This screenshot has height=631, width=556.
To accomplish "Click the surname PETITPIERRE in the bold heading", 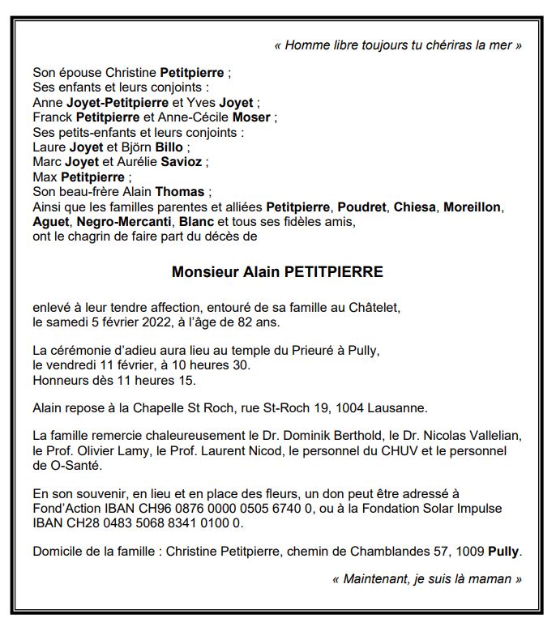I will [335, 272].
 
